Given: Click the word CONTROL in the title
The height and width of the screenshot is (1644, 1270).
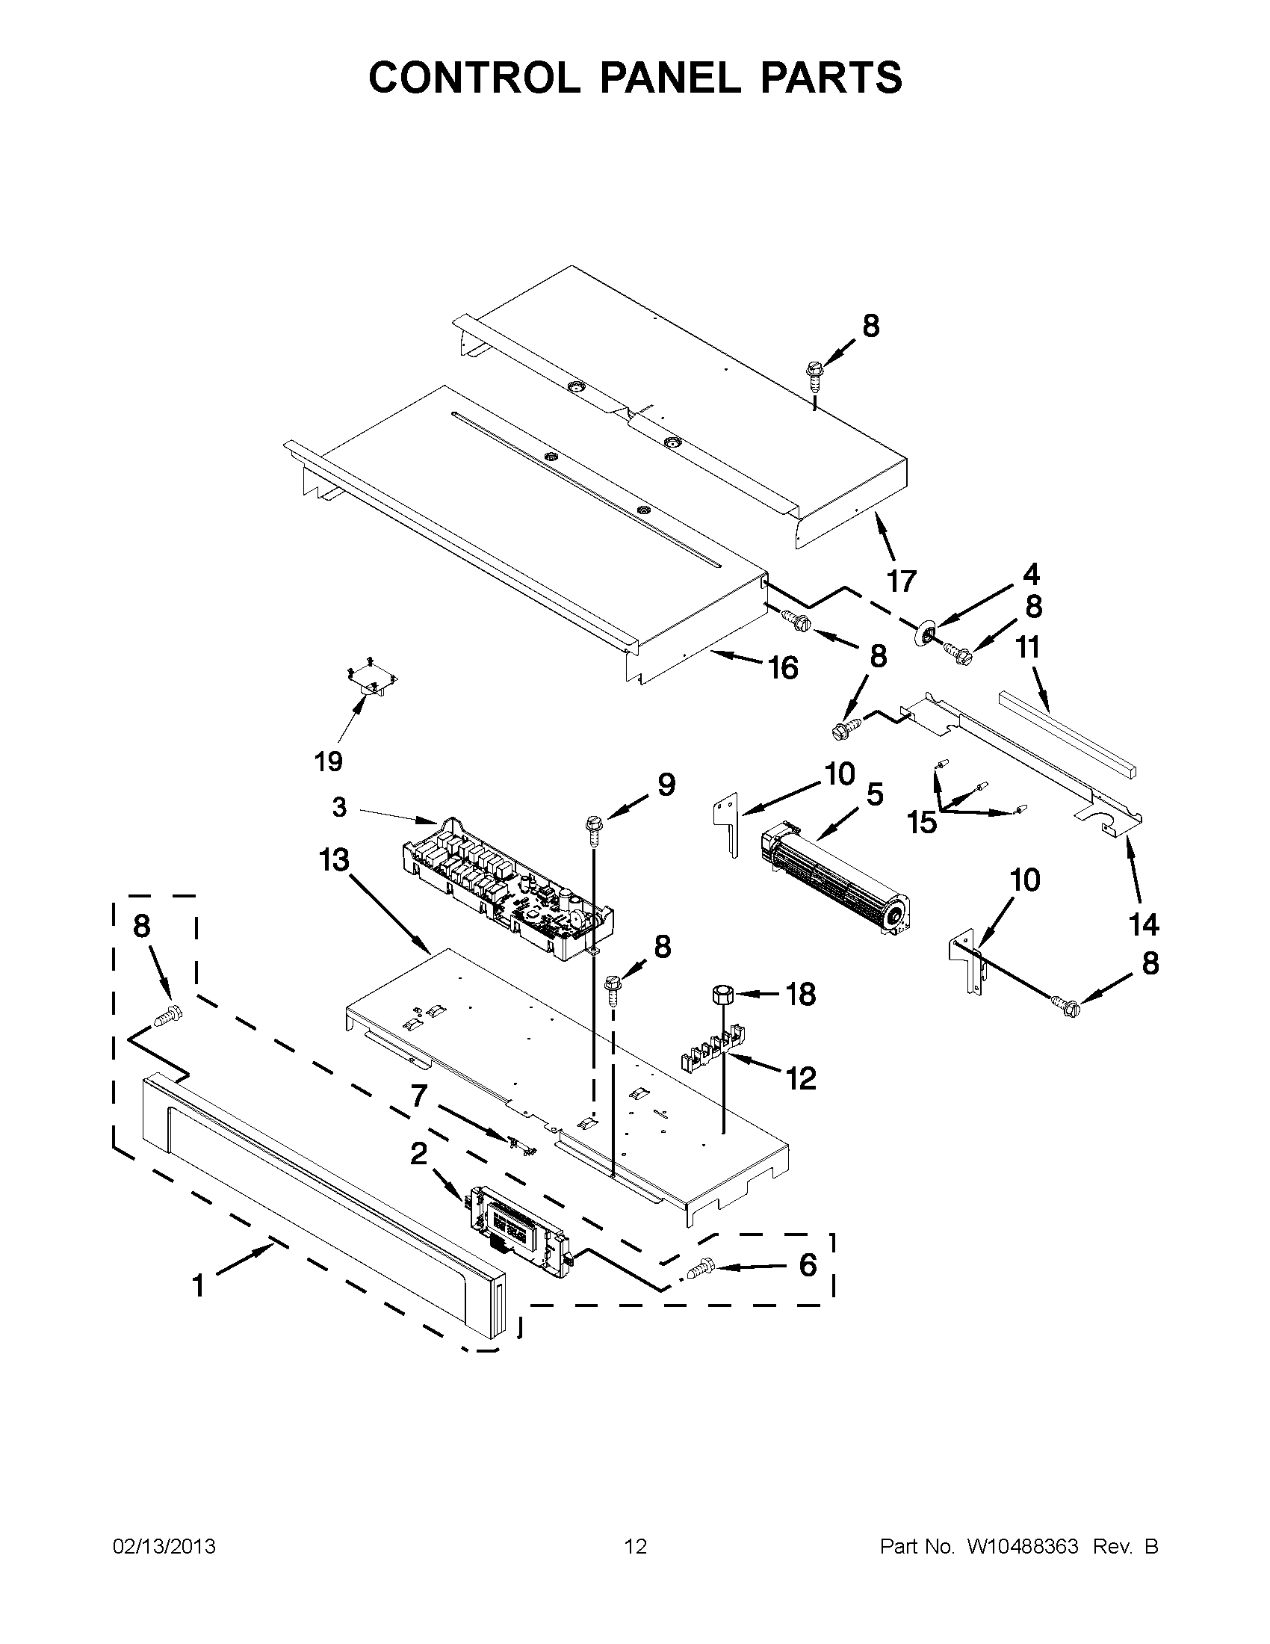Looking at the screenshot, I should pyautogui.click(x=473, y=78).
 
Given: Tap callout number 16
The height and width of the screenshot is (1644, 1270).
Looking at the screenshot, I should pyautogui.click(x=782, y=667).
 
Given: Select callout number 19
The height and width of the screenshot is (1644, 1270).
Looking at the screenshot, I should pyautogui.click(x=329, y=761).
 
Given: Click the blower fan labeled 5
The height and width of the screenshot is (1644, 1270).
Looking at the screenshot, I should pyautogui.click(x=835, y=877).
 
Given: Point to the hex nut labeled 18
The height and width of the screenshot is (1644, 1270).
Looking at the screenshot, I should pyautogui.click(x=722, y=994).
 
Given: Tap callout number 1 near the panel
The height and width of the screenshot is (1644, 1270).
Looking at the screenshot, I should pyautogui.click(x=199, y=1287).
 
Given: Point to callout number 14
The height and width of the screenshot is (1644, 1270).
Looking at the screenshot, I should pyautogui.click(x=1144, y=924).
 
